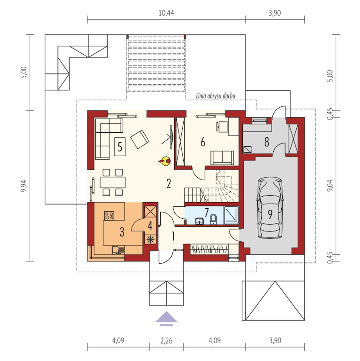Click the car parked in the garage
point(270,208)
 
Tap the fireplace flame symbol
point(165,161)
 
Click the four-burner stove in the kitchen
point(109,215)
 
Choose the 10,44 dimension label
point(166,13)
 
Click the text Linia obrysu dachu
point(215,96)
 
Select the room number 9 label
point(270,215)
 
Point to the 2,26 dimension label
point(166,340)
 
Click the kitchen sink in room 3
point(118,250)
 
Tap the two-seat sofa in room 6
point(222,158)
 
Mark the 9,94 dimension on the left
point(24,186)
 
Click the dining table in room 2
point(112,182)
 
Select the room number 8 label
point(267,142)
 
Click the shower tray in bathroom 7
point(231,215)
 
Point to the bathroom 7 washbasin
point(200,221)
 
